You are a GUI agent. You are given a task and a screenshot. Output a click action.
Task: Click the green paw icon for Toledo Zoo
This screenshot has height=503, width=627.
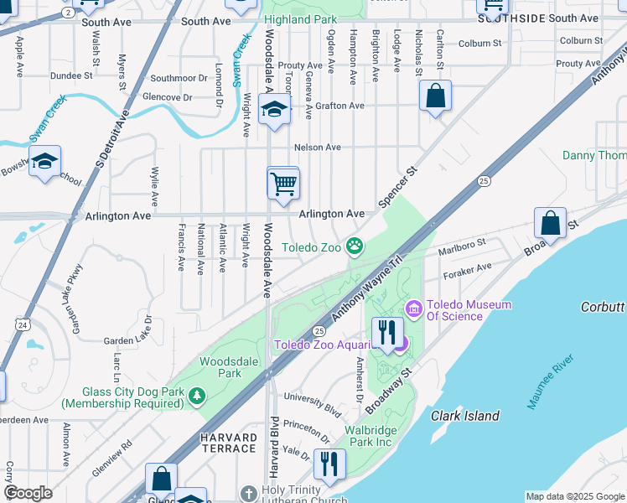355,246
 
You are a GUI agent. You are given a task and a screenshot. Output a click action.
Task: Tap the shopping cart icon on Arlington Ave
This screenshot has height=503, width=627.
283,183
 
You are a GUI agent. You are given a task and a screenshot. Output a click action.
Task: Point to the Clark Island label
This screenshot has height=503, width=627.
465,416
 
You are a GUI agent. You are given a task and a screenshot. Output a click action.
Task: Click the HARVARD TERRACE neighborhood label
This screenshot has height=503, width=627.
228,443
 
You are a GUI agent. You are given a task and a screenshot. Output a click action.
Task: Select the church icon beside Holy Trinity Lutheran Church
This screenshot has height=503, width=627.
249,493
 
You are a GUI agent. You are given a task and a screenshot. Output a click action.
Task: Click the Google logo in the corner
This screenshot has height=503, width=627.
28,493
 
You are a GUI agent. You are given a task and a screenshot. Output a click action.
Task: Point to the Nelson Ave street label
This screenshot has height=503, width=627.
317,148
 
